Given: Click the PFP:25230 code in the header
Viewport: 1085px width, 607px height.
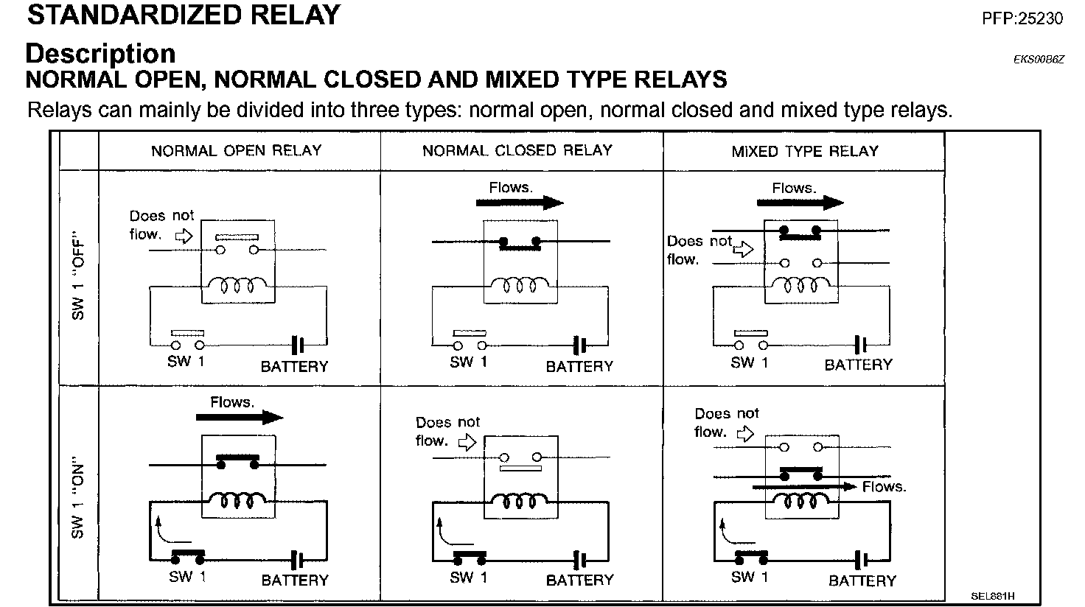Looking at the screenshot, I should [x=1022, y=18].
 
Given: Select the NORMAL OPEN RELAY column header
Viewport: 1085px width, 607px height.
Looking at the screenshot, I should [x=236, y=151].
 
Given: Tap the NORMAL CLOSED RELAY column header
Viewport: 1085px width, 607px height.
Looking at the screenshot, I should [x=517, y=151].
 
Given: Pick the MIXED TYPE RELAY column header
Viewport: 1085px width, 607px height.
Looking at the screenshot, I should [x=805, y=152].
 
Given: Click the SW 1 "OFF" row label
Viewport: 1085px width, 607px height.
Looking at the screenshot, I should [x=78, y=278].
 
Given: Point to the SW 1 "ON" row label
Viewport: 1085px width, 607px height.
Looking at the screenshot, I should [x=78, y=501].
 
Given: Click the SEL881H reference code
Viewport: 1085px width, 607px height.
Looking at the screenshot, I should [x=992, y=595].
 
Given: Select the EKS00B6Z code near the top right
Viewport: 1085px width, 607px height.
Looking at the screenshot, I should [x=1039, y=60].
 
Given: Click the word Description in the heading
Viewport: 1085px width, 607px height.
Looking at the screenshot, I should [x=100, y=54].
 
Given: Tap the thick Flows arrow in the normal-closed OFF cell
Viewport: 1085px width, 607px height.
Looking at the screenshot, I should [x=520, y=203].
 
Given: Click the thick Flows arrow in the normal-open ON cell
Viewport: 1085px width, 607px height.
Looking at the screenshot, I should [x=240, y=417].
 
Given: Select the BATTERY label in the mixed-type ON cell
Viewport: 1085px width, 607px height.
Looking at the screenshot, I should [x=862, y=580].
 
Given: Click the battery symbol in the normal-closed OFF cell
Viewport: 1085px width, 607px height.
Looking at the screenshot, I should [x=580, y=344].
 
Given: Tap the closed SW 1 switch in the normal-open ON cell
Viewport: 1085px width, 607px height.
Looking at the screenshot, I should [x=188, y=554].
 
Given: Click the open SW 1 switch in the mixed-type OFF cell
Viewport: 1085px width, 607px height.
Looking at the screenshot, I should [x=750, y=341].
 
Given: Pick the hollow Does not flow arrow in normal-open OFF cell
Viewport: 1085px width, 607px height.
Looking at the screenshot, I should [x=182, y=236].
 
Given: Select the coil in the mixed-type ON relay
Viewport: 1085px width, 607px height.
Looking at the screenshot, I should [x=802, y=502].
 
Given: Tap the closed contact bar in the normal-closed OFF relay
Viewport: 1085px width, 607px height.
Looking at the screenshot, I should [x=519, y=244].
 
